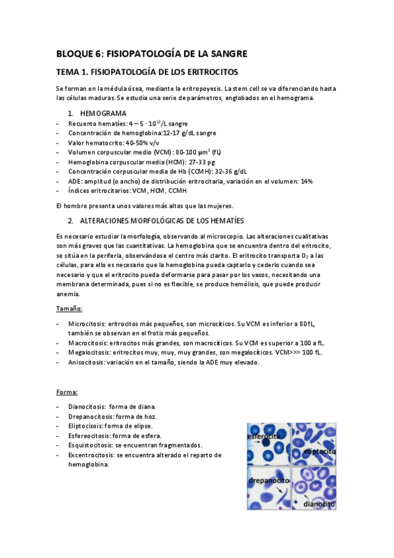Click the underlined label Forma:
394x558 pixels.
click(67, 392)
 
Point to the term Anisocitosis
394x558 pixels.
click(86, 362)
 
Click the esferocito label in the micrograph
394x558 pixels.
click(264, 437)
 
